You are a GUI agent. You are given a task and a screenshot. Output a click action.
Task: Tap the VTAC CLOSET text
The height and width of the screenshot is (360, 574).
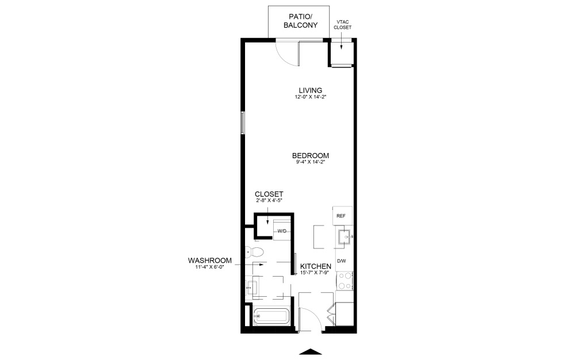(343, 25)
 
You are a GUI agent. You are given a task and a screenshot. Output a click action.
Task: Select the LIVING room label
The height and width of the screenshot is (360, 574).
(311, 90)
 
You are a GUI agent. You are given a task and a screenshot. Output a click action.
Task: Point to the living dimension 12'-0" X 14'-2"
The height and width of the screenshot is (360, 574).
(311, 97)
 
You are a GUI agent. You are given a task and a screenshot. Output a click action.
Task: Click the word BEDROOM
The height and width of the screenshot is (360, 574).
(311, 155)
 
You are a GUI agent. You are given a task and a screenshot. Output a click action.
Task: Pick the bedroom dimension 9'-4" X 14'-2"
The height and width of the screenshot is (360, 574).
(311, 162)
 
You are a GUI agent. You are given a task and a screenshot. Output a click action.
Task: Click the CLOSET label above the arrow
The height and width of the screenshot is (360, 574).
(269, 194)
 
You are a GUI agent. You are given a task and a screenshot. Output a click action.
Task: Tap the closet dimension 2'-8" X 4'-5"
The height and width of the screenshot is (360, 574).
(269, 201)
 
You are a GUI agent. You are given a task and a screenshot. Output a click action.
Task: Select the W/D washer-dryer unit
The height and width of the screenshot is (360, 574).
(282, 231)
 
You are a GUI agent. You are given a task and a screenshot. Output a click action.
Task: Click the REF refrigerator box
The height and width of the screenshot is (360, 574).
(342, 216)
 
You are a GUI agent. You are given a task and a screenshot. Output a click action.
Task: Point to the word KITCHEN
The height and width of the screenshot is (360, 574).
(316, 266)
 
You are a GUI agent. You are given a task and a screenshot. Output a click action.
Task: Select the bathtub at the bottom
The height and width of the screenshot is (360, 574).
(271, 316)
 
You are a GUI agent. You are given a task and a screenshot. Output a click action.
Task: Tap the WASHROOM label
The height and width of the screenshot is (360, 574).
(210, 261)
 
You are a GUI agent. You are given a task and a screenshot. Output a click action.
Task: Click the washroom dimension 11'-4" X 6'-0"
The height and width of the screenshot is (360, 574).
(210, 267)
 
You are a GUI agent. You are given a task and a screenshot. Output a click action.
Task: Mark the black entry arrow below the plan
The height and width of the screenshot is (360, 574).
(311, 351)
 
